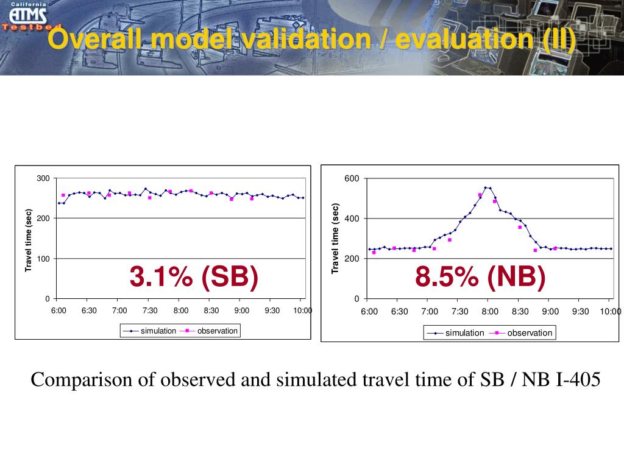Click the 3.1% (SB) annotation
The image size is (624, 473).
coord(194,277)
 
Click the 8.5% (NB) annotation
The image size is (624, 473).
coord(480,277)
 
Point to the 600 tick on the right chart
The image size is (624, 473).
coord(352,178)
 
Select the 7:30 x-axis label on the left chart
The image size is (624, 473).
coord(150,310)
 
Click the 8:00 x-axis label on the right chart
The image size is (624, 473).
coord(489,312)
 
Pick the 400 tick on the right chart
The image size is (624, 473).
coord(352,219)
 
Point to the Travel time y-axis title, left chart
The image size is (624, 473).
coord(28,240)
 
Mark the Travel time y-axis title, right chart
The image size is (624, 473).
coord(335,239)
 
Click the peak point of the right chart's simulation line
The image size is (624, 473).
coord(486,187)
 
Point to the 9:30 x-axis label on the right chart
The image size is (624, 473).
coord(580,312)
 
